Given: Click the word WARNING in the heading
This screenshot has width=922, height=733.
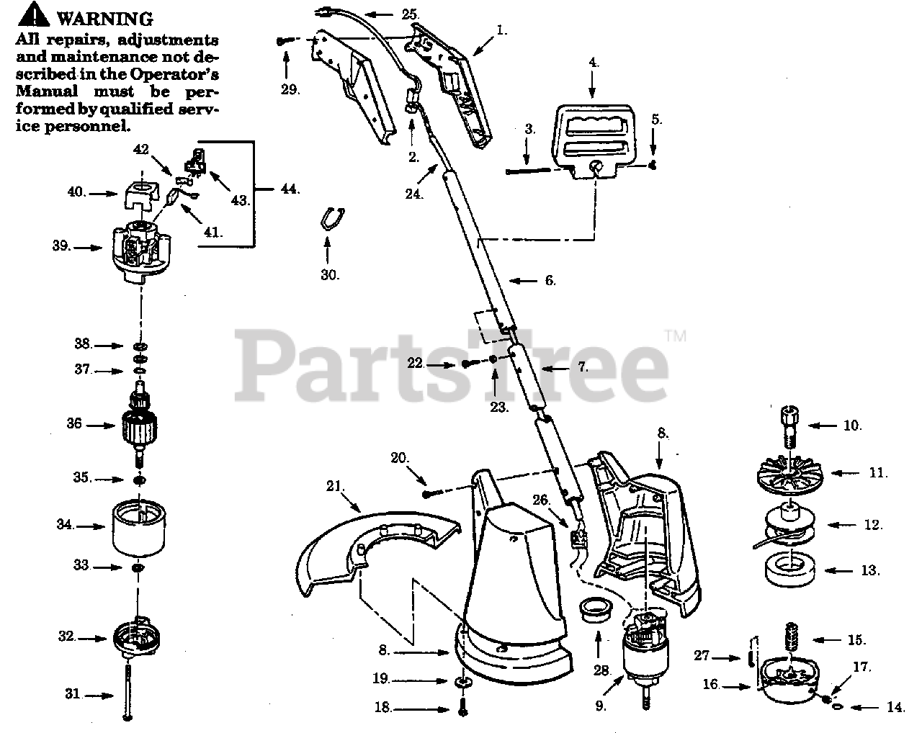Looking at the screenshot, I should coord(104,18).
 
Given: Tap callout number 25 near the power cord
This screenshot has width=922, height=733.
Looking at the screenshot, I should coord(410,14).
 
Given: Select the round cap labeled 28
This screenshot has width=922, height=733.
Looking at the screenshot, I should coord(596,608).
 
